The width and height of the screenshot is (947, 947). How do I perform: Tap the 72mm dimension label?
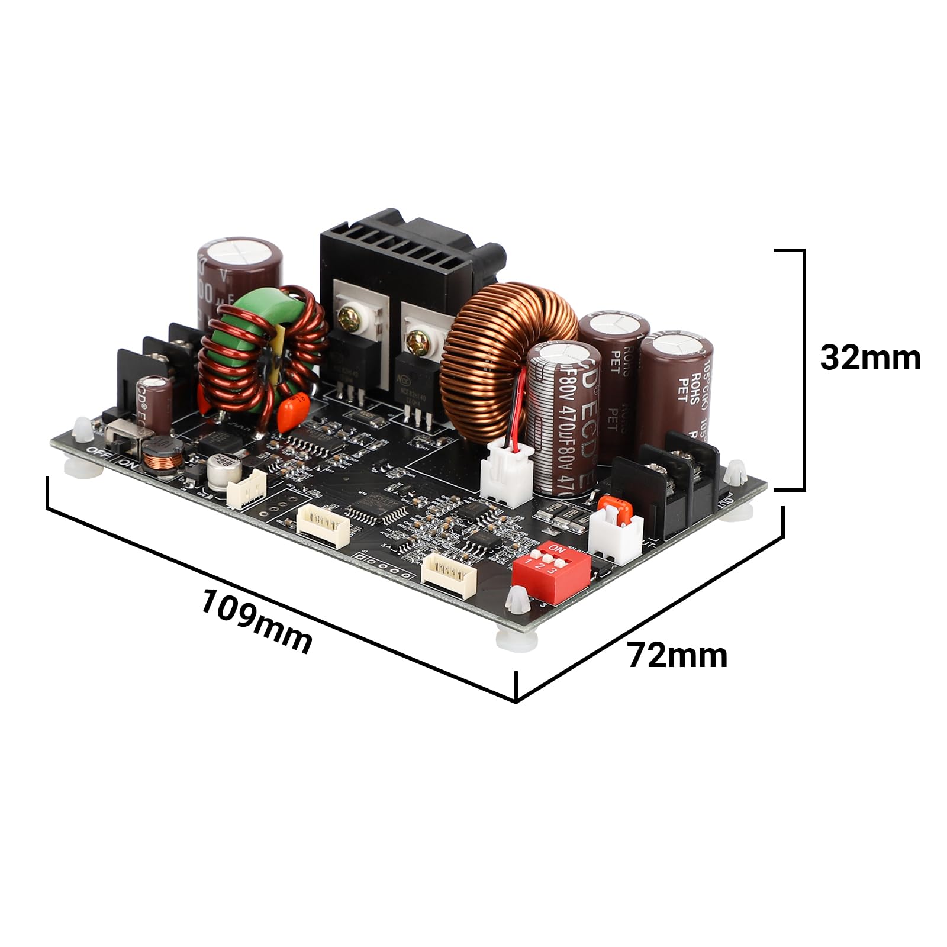pyautogui.click(x=677, y=656)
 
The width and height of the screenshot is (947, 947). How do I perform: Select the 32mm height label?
pyautogui.click(x=870, y=358)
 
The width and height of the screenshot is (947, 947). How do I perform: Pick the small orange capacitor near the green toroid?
pyautogui.click(x=294, y=407)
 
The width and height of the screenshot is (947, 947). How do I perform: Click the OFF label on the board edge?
pyautogui.click(x=96, y=453)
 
